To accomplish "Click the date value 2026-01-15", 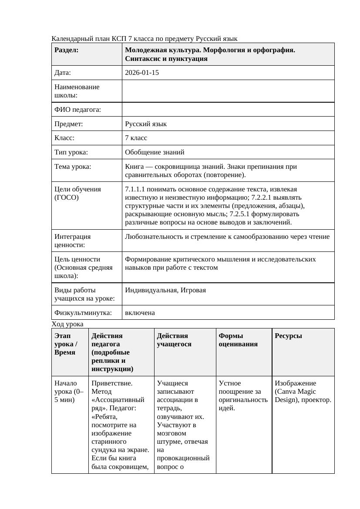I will coord(141,73).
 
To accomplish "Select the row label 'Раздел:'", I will coord(67,50).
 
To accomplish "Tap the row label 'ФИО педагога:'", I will coord(77,110).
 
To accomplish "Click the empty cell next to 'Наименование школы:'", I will coord(228,91).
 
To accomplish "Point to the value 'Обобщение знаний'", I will coord(155,152).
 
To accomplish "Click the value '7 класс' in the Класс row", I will coord(136,138).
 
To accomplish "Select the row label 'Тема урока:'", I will coord(73,167).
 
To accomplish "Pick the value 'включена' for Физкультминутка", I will coord(140,313).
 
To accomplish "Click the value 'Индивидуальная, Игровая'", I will coord(165,290).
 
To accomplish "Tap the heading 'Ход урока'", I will coord(67,324).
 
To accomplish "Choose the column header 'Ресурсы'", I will coord(288,336).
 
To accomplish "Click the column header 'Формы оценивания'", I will coord(238,340).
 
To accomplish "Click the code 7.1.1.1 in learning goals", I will coord(137,189).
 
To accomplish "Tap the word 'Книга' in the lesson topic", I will coord(134,167).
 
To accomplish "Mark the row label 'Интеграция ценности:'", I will coord(73,241).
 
